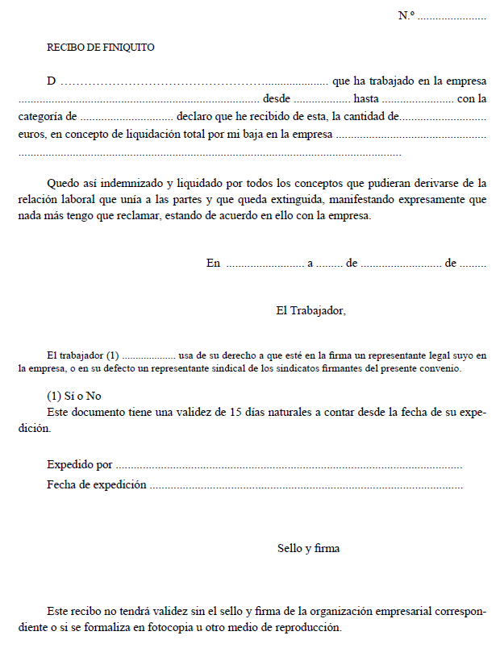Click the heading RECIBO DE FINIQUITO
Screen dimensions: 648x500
tap(101, 48)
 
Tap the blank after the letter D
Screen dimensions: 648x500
tap(194, 81)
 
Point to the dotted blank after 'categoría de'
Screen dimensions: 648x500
tap(127, 117)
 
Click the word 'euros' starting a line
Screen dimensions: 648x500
tap(31, 135)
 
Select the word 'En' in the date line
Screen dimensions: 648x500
tap(213, 263)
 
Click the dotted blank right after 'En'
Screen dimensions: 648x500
tap(264, 264)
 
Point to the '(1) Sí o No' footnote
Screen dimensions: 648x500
tap(74, 396)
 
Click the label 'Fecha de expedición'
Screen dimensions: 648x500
tap(97, 484)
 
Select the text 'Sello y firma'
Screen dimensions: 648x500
tap(308, 548)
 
